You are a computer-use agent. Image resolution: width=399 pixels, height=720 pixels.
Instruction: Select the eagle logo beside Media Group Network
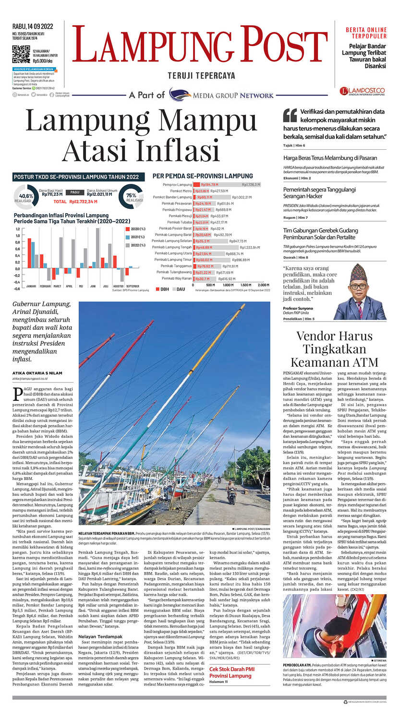click(180, 95)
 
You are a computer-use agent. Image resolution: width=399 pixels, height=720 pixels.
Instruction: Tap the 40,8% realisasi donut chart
click(26, 196)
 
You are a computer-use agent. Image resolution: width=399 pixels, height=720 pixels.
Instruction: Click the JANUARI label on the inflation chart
click(31, 286)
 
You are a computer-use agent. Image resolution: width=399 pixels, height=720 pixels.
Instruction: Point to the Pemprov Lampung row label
click(177, 184)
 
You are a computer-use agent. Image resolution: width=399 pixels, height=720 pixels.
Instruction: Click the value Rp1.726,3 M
click(251, 184)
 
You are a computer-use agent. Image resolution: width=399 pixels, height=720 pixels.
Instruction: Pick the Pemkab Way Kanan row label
click(177, 278)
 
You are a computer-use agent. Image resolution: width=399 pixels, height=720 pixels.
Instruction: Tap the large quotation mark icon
click(290, 115)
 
